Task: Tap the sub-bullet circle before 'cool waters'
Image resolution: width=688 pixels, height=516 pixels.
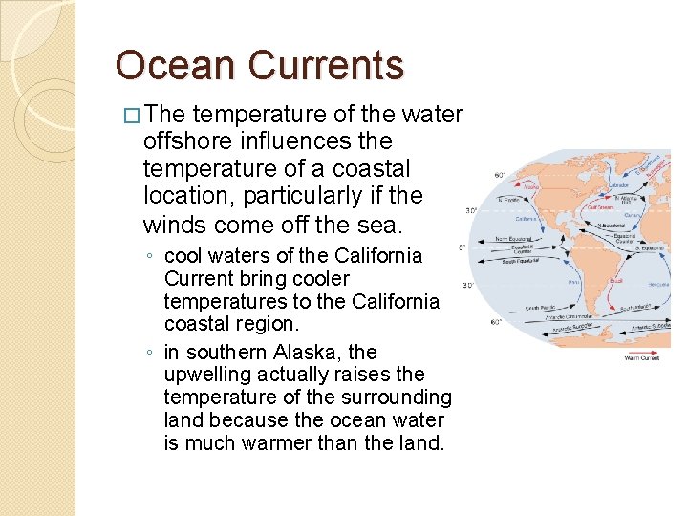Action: (151, 257)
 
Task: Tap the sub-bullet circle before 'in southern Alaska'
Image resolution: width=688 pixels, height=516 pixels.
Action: (151, 353)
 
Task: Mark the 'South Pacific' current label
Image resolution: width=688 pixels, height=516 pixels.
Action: (537, 308)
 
